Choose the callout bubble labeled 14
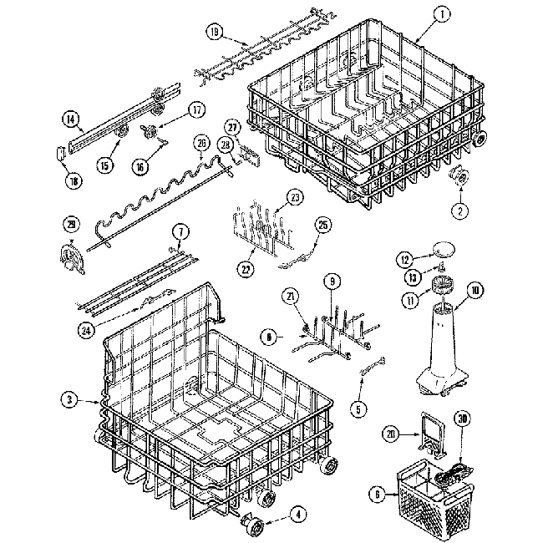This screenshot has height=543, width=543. point(70,119)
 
